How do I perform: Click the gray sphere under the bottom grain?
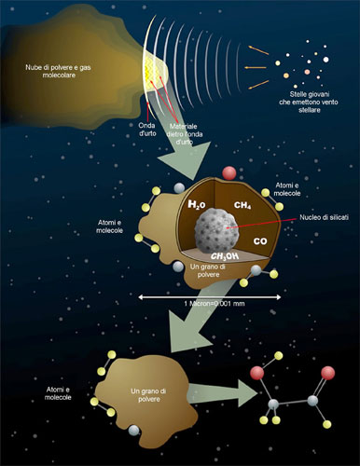[x=136, y=430]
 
